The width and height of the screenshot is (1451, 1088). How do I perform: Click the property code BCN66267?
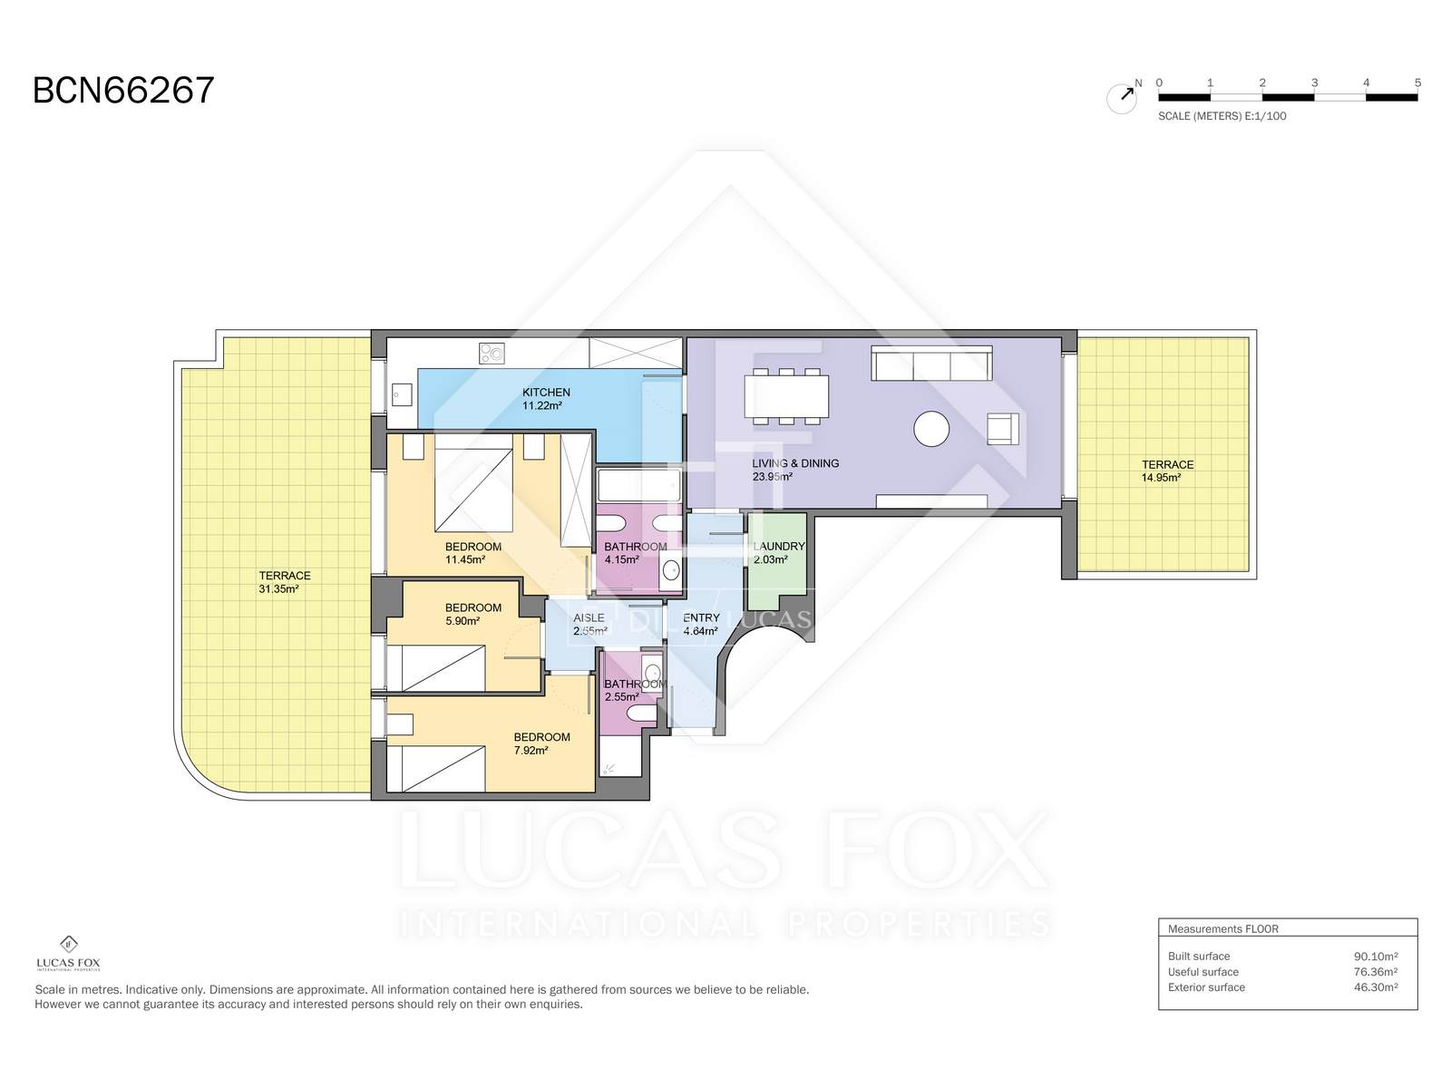(123, 91)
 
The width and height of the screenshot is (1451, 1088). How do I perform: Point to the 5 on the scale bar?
(1417, 83)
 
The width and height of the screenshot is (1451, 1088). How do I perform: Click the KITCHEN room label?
(546, 393)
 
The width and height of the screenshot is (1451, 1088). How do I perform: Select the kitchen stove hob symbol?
(492, 353)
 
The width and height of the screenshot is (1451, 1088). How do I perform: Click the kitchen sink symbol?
(402, 395)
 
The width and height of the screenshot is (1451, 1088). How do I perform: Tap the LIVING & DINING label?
(795, 463)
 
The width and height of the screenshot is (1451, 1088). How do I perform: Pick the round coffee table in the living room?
(931, 429)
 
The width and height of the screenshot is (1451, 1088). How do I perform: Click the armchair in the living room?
(1003, 428)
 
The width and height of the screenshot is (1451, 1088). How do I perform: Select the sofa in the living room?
(931, 363)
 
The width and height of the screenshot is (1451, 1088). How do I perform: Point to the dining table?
(786, 396)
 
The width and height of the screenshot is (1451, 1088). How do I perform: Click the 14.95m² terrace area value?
(1161, 478)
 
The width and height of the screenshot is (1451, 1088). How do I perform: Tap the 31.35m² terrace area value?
(278, 588)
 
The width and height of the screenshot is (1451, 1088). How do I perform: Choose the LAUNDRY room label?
(779, 547)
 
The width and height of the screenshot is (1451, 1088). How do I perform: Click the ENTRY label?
(701, 617)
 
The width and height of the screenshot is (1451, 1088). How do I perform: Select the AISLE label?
(589, 617)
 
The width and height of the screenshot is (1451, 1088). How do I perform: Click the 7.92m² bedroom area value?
(531, 751)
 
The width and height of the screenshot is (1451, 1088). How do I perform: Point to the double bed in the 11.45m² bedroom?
(473, 490)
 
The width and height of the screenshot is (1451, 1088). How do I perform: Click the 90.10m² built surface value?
(1376, 956)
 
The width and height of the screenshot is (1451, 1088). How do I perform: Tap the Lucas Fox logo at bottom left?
(68, 953)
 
